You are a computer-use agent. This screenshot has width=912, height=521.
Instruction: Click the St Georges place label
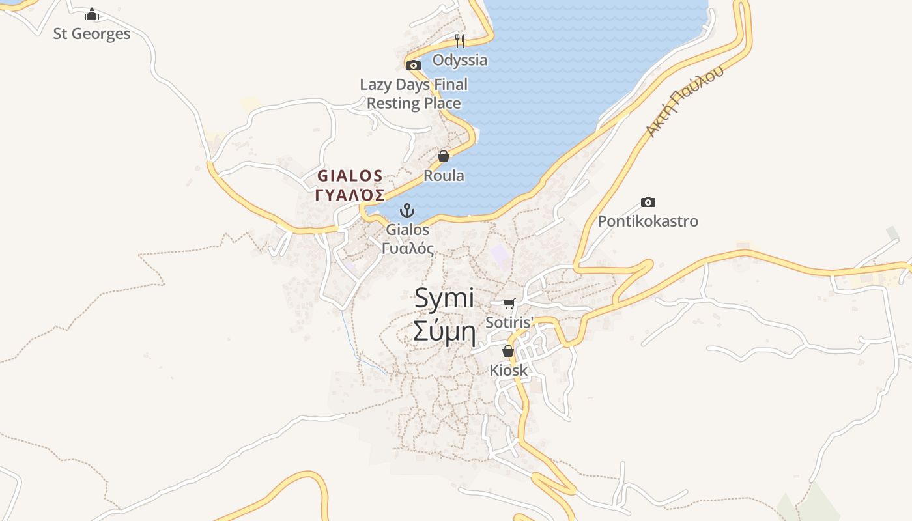(x=92, y=34)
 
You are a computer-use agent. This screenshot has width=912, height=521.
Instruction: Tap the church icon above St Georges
(x=92, y=14)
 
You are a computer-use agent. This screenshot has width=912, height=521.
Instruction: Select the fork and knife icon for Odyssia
(x=460, y=41)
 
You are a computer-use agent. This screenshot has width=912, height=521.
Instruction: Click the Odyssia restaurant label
(x=460, y=60)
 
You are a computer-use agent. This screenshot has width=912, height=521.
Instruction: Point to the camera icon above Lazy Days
(x=414, y=65)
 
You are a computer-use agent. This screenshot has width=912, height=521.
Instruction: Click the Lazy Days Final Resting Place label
(x=414, y=94)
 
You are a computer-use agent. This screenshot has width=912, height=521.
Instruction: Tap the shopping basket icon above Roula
(x=444, y=156)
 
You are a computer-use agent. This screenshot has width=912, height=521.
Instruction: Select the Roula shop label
(x=444, y=176)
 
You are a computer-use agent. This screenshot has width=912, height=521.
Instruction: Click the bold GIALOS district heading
(x=350, y=176)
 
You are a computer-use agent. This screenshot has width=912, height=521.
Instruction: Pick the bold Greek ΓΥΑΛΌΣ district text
(x=350, y=195)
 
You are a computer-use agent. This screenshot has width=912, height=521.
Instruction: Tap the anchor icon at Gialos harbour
(x=407, y=210)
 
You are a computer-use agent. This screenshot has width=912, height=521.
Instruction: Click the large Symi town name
(x=444, y=298)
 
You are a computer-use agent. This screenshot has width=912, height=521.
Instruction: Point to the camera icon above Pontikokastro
(x=648, y=202)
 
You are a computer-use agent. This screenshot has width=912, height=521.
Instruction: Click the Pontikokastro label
(x=648, y=221)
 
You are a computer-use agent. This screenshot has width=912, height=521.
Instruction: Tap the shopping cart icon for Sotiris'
(x=509, y=303)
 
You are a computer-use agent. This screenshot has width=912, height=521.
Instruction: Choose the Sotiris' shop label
(x=509, y=322)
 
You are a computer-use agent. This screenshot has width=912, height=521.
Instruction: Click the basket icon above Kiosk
(x=508, y=352)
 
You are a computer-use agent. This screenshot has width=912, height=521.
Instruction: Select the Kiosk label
(x=508, y=371)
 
